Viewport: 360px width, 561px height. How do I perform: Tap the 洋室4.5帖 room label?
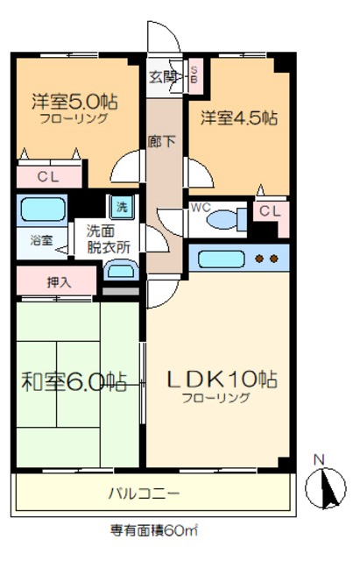pyautogui.click(x=239, y=117)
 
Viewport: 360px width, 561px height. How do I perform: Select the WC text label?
pyautogui.click(x=199, y=209)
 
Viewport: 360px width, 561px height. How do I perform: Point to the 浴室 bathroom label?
pyautogui.click(x=41, y=239)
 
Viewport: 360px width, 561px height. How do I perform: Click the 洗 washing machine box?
pyautogui.click(x=123, y=209)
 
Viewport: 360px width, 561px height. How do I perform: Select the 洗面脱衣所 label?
pyautogui.click(x=109, y=239)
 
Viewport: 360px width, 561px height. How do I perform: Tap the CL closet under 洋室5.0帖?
pyautogui.click(x=47, y=176)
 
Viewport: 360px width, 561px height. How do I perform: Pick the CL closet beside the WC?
pyautogui.click(x=270, y=210)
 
